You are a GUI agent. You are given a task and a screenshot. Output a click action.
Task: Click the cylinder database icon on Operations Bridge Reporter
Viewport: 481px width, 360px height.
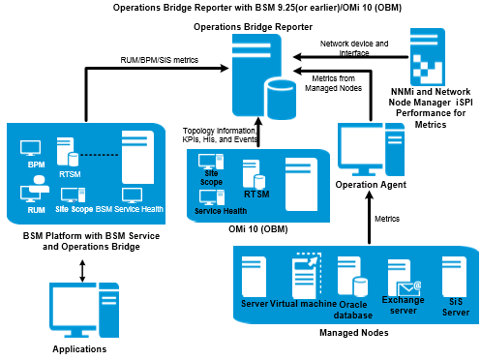[x=282, y=100]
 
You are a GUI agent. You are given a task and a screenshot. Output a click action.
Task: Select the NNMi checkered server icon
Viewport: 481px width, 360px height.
[x=428, y=57]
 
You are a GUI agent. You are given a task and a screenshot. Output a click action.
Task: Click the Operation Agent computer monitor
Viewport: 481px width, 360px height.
[x=361, y=149]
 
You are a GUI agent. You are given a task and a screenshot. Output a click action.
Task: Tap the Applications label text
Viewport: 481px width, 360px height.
[x=79, y=349]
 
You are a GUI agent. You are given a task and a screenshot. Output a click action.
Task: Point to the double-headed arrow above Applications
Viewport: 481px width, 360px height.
[x=82, y=271]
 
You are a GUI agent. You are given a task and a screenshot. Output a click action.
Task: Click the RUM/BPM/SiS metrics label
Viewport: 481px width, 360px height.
[x=160, y=60]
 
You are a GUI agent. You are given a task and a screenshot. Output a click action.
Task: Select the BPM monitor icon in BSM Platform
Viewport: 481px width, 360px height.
[x=30, y=148]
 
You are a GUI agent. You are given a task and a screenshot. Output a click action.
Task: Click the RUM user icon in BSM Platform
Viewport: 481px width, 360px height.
[x=34, y=190]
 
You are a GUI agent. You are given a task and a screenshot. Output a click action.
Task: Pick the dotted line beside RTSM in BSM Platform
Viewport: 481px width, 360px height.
[x=100, y=155]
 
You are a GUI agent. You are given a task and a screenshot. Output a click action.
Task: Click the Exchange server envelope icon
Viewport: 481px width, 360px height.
[x=408, y=288]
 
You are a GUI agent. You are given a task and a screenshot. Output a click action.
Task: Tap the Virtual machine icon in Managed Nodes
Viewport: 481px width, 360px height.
[x=307, y=276]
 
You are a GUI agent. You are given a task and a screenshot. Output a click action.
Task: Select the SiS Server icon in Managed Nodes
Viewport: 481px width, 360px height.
[x=454, y=277]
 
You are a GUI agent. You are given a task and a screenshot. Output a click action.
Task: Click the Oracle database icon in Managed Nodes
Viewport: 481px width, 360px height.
[x=352, y=277]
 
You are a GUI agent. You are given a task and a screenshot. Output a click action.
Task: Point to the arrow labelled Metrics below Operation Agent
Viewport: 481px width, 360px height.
[x=370, y=218]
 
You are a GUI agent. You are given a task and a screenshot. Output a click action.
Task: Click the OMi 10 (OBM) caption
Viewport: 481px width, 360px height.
[x=258, y=229]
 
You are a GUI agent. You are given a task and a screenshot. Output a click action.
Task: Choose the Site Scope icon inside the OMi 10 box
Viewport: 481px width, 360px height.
[x=211, y=162]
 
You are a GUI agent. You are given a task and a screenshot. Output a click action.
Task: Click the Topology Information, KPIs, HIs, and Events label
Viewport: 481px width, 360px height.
[x=220, y=135]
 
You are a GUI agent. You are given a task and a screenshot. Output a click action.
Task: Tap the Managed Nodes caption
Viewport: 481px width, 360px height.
[x=354, y=333]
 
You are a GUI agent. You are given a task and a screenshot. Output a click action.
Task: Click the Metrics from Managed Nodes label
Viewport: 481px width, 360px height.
[x=333, y=83]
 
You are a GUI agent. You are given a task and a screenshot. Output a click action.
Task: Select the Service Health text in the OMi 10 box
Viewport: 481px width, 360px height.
[x=221, y=211]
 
